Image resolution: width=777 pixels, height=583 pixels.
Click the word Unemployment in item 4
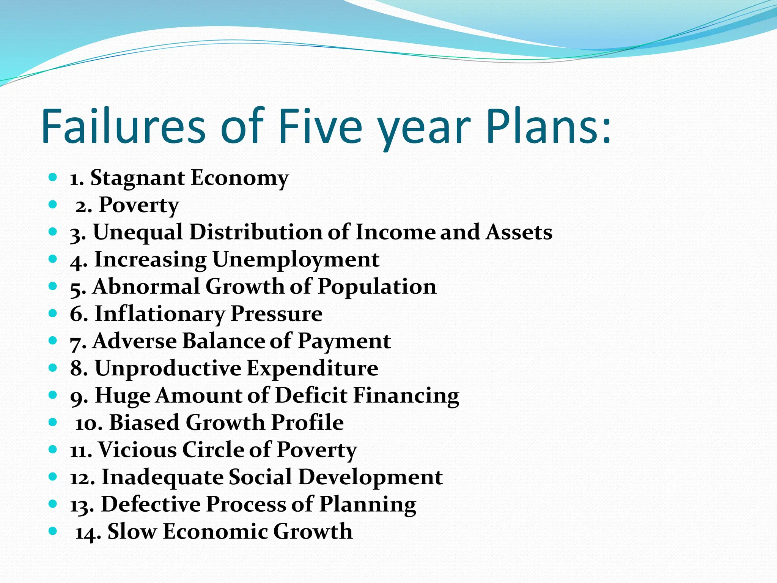(296, 260)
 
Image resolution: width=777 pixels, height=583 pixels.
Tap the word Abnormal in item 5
(146, 287)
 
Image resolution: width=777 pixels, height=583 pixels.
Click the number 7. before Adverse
(78, 342)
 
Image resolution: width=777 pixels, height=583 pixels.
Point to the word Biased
(144, 422)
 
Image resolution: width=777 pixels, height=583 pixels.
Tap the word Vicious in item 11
(137, 450)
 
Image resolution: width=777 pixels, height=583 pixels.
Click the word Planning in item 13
(368, 505)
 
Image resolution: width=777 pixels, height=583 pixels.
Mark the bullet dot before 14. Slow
(53, 531)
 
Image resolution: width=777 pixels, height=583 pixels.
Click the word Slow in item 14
(132, 531)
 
